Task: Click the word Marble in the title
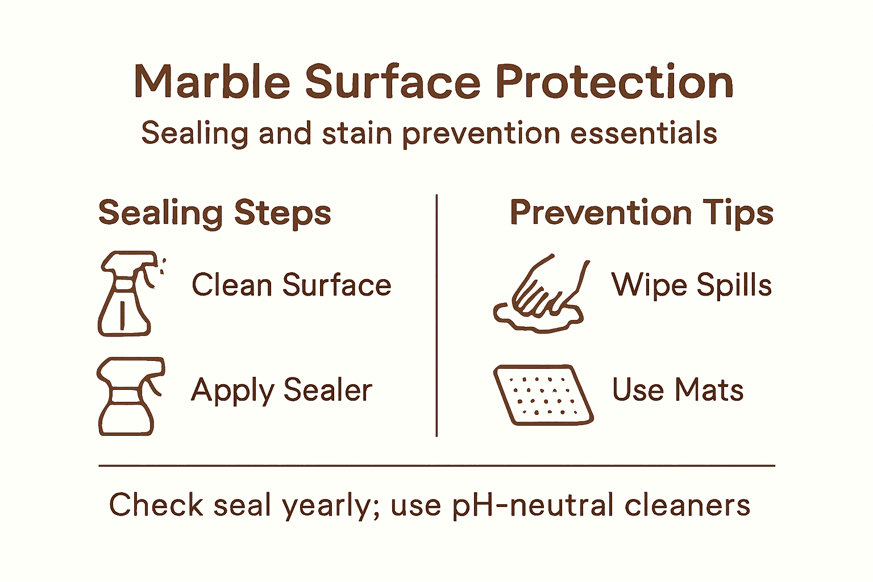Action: point(212,82)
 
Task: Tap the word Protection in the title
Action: point(614,82)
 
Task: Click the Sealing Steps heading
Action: point(214,213)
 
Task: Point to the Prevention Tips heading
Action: point(641,213)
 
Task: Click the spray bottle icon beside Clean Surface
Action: point(128,293)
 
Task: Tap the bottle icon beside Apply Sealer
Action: point(130,396)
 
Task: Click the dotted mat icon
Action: point(543,394)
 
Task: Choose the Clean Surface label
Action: point(291,285)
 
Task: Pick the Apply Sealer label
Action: point(281,390)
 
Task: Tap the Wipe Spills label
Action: point(691,285)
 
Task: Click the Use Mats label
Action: point(677,390)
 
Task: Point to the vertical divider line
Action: point(436,315)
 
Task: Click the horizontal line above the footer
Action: point(436,465)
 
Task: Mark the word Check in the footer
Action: point(156,505)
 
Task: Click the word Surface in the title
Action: point(393,82)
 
